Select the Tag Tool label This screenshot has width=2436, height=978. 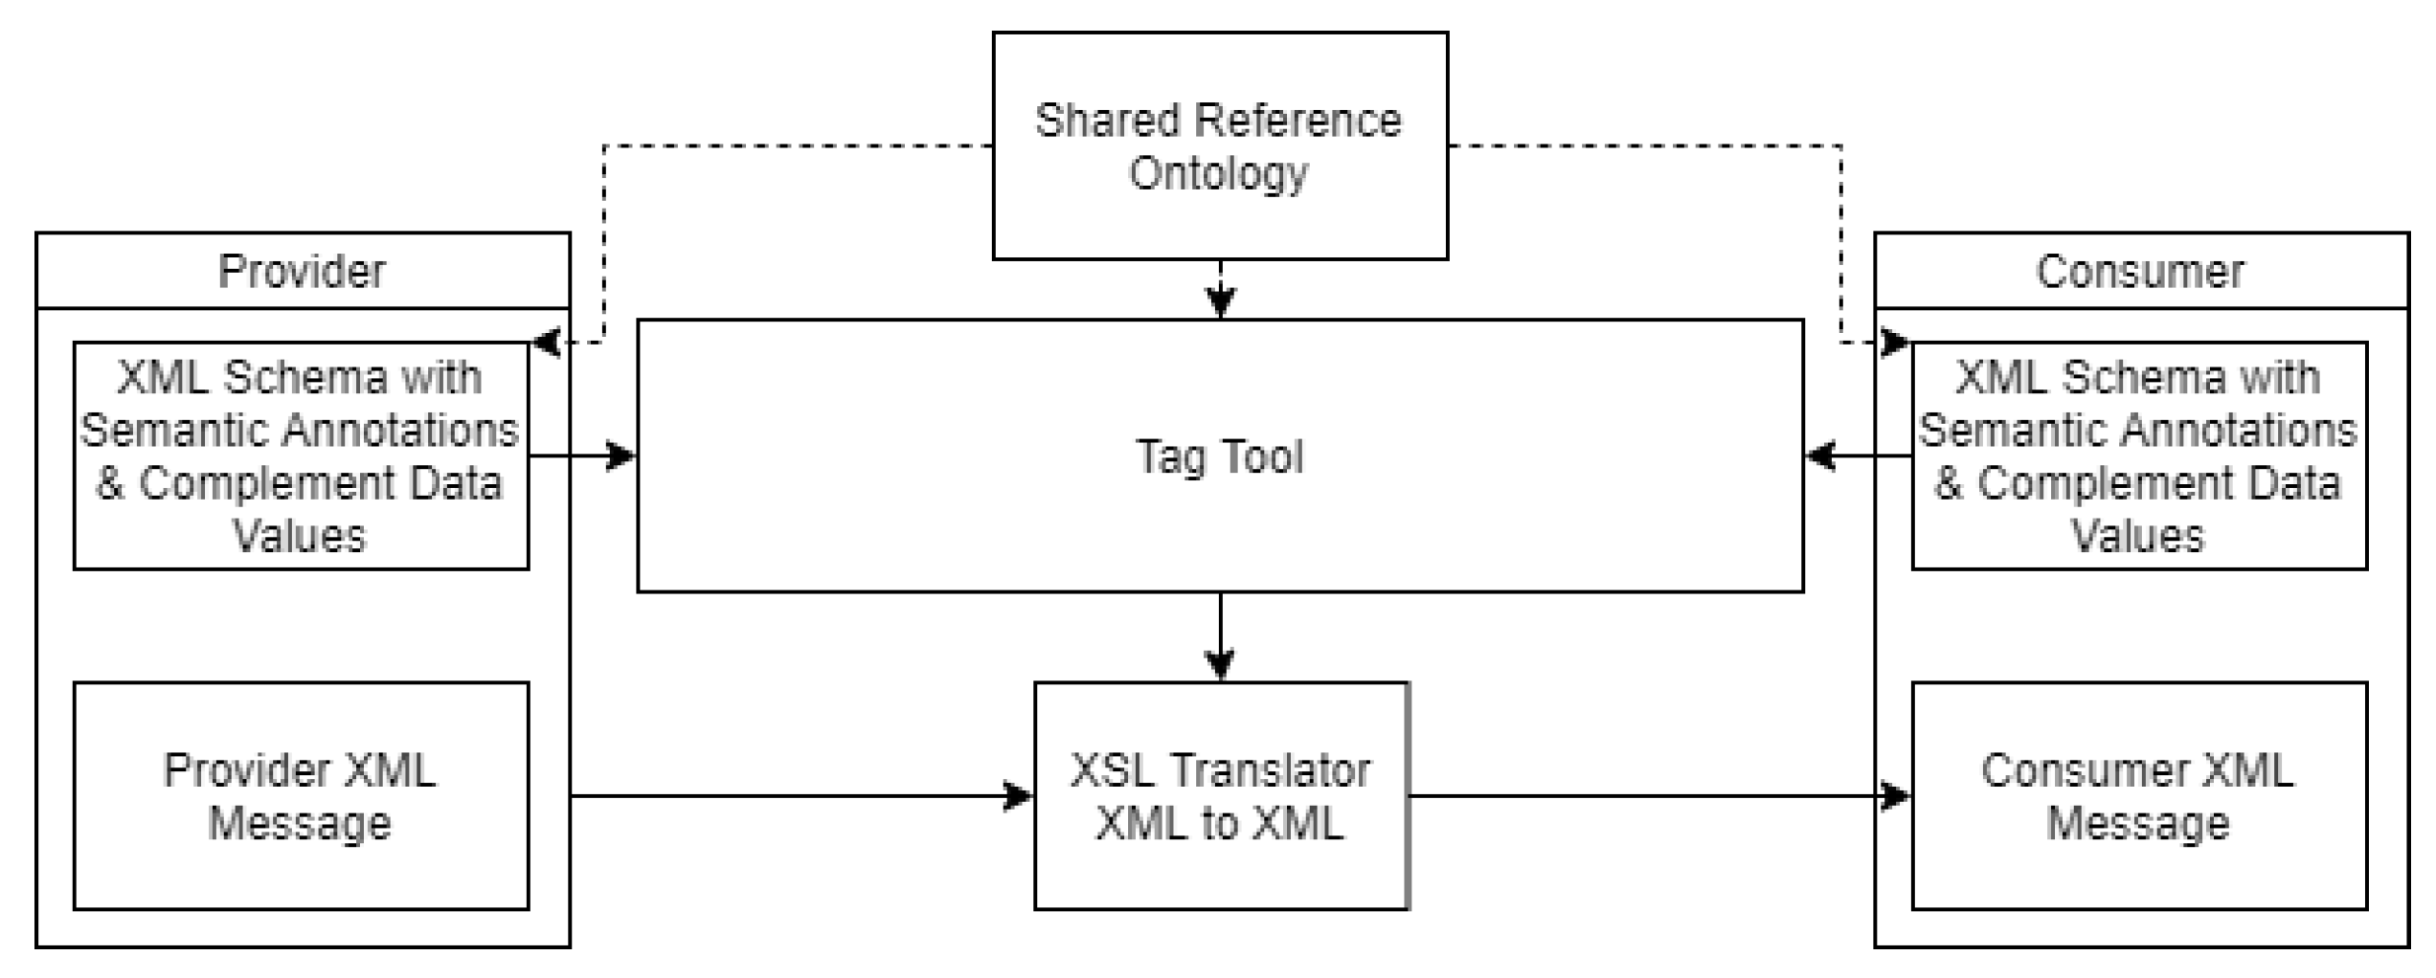click(1219, 456)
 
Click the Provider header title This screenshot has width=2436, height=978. click(302, 271)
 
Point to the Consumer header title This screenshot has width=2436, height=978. click(2139, 271)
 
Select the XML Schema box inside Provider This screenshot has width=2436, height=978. click(300, 456)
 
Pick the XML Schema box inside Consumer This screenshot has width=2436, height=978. click(2138, 456)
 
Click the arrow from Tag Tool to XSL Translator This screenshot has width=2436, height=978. click(1220, 636)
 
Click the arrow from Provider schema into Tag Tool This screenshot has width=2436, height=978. click(584, 456)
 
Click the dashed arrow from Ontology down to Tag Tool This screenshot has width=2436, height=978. click(1220, 289)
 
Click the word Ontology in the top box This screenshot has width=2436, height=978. click(1218, 173)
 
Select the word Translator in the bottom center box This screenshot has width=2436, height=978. click(1269, 770)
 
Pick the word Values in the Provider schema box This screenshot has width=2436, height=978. click(300, 536)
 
